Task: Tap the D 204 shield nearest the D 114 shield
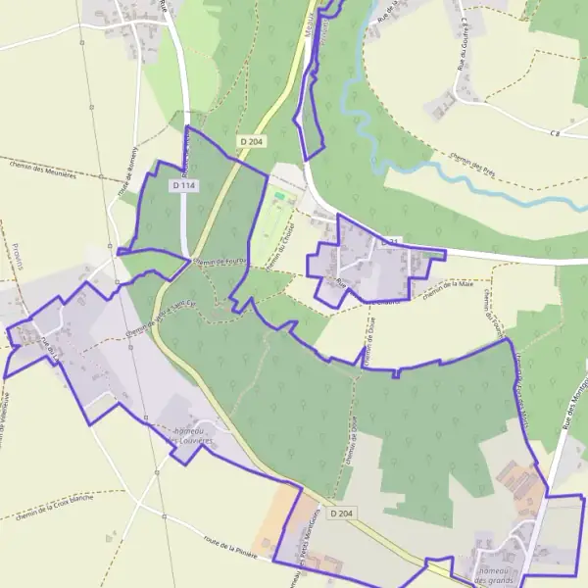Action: point(252,142)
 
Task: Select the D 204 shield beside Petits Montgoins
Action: point(341,513)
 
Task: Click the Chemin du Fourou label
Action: point(220,262)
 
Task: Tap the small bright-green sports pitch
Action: point(280,198)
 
